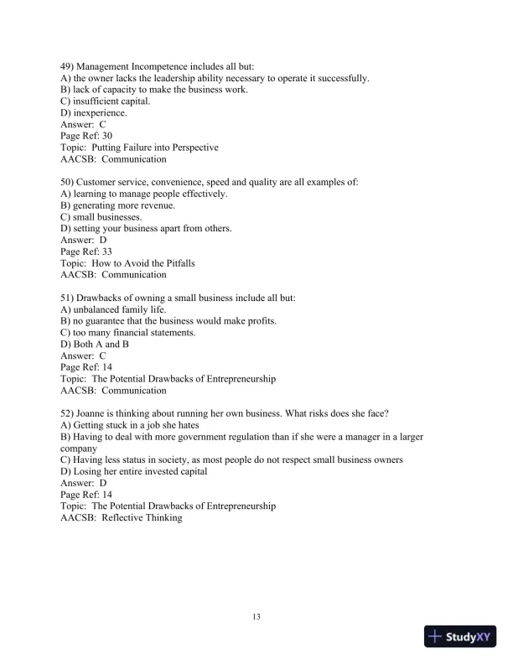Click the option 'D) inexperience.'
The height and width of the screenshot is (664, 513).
pyautogui.click(x=94, y=113)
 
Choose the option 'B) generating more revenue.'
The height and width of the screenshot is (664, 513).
pyautogui.click(x=118, y=205)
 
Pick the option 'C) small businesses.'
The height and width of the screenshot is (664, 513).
pyautogui.click(x=101, y=217)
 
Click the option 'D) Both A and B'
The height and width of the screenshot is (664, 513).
pyautogui.click(x=96, y=344)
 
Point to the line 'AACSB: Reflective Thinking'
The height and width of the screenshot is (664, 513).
pyautogui.click(x=122, y=517)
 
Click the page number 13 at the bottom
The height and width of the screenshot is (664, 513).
pyautogui.click(x=256, y=618)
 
